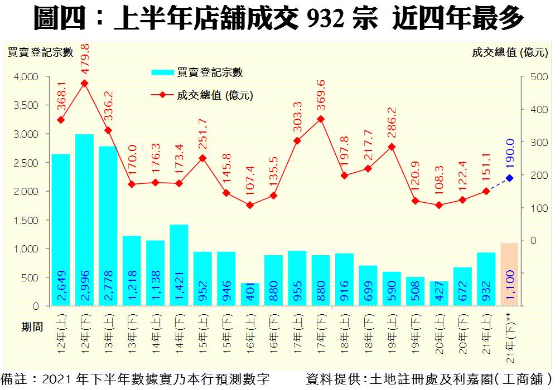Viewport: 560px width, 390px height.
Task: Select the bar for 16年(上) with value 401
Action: (250, 295)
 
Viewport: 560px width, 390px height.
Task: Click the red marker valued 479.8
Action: (84, 83)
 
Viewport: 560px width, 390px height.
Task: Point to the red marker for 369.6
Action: (321, 119)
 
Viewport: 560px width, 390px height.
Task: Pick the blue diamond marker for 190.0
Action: (509, 178)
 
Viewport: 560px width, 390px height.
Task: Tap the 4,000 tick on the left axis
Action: (25, 76)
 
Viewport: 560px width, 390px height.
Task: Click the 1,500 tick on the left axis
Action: (25, 220)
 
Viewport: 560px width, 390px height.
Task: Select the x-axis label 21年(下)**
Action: (509, 334)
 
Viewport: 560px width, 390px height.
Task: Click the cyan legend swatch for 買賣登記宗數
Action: (162, 72)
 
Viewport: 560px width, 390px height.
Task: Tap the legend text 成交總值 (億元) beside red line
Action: (215, 95)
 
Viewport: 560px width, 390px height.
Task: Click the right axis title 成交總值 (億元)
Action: (510, 53)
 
